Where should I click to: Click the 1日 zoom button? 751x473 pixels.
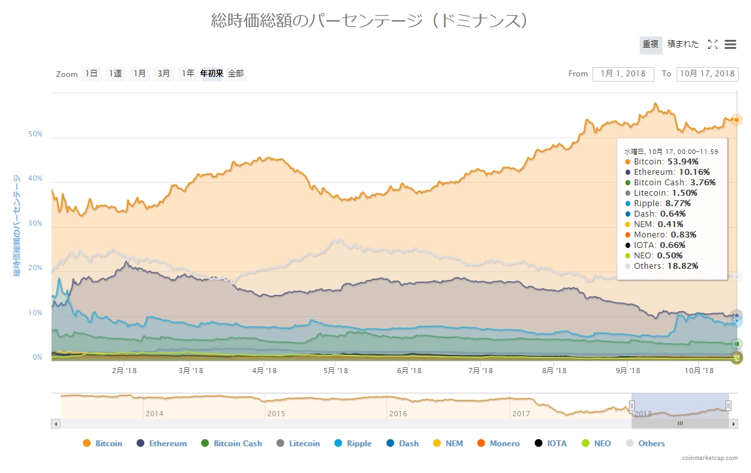tap(91, 74)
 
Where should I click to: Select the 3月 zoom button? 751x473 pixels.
tap(163, 74)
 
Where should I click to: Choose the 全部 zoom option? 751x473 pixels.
tap(236, 74)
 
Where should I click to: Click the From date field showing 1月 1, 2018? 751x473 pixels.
tap(623, 74)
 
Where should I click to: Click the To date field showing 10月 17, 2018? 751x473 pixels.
tap(707, 74)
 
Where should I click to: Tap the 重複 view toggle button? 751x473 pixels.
tap(651, 44)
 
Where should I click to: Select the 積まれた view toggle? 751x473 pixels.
tap(682, 44)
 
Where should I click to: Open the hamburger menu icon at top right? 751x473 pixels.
tap(730, 44)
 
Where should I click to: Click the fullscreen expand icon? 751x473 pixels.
tap(713, 44)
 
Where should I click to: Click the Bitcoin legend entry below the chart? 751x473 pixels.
tap(108, 444)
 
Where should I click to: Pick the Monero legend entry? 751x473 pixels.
tap(504, 444)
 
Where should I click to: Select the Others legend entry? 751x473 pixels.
tap(651, 444)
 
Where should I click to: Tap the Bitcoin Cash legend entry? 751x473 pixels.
tap(238, 444)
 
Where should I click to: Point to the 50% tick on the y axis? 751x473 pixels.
tap(35, 134)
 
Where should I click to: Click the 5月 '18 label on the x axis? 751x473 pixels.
tap(335, 371)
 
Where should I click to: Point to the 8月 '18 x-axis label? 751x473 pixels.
tap(555, 371)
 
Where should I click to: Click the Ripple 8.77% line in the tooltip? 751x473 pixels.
tap(662, 204)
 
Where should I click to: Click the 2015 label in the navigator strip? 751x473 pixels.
tap(276, 414)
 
